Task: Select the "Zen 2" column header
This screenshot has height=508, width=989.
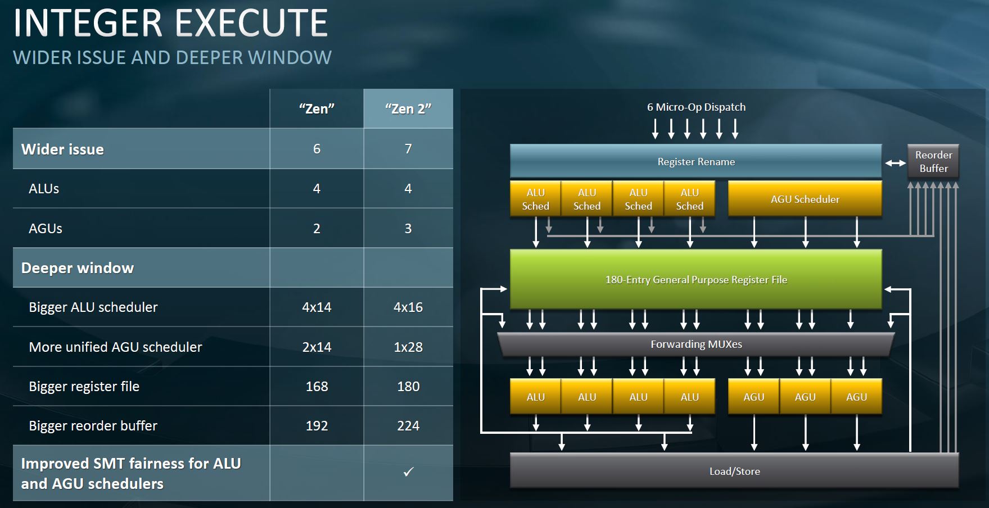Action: [x=408, y=108]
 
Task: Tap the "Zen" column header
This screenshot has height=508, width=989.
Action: [x=317, y=108]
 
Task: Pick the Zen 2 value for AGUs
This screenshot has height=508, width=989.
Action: [x=408, y=229]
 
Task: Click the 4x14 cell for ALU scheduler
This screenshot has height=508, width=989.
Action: [x=317, y=307]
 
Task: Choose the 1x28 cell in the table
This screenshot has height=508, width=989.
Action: [x=408, y=347]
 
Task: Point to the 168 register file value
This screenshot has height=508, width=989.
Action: [x=317, y=387]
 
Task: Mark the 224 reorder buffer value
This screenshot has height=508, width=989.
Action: [x=408, y=426]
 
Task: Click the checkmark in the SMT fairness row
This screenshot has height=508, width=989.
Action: [x=408, y=472]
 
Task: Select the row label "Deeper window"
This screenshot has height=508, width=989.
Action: [x=78, y=268]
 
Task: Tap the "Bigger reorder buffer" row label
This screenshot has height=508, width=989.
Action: [x=93, y=426]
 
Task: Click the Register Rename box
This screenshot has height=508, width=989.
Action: [x=696, y=162]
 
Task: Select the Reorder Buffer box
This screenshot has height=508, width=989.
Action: [x=933, y=162]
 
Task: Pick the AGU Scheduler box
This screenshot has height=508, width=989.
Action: [x=805, y=199]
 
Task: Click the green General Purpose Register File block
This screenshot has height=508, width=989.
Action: [x=696, y=280]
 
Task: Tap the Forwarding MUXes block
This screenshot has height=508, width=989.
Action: [x=696, y=344]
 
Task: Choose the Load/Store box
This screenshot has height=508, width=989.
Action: [x=734, y=471]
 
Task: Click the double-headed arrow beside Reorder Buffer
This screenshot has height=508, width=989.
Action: [x=895, y=164]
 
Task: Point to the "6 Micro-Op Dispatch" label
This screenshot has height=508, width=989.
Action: [x=696, y=107]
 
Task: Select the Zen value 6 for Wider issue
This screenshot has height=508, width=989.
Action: [x=317, y=149]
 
